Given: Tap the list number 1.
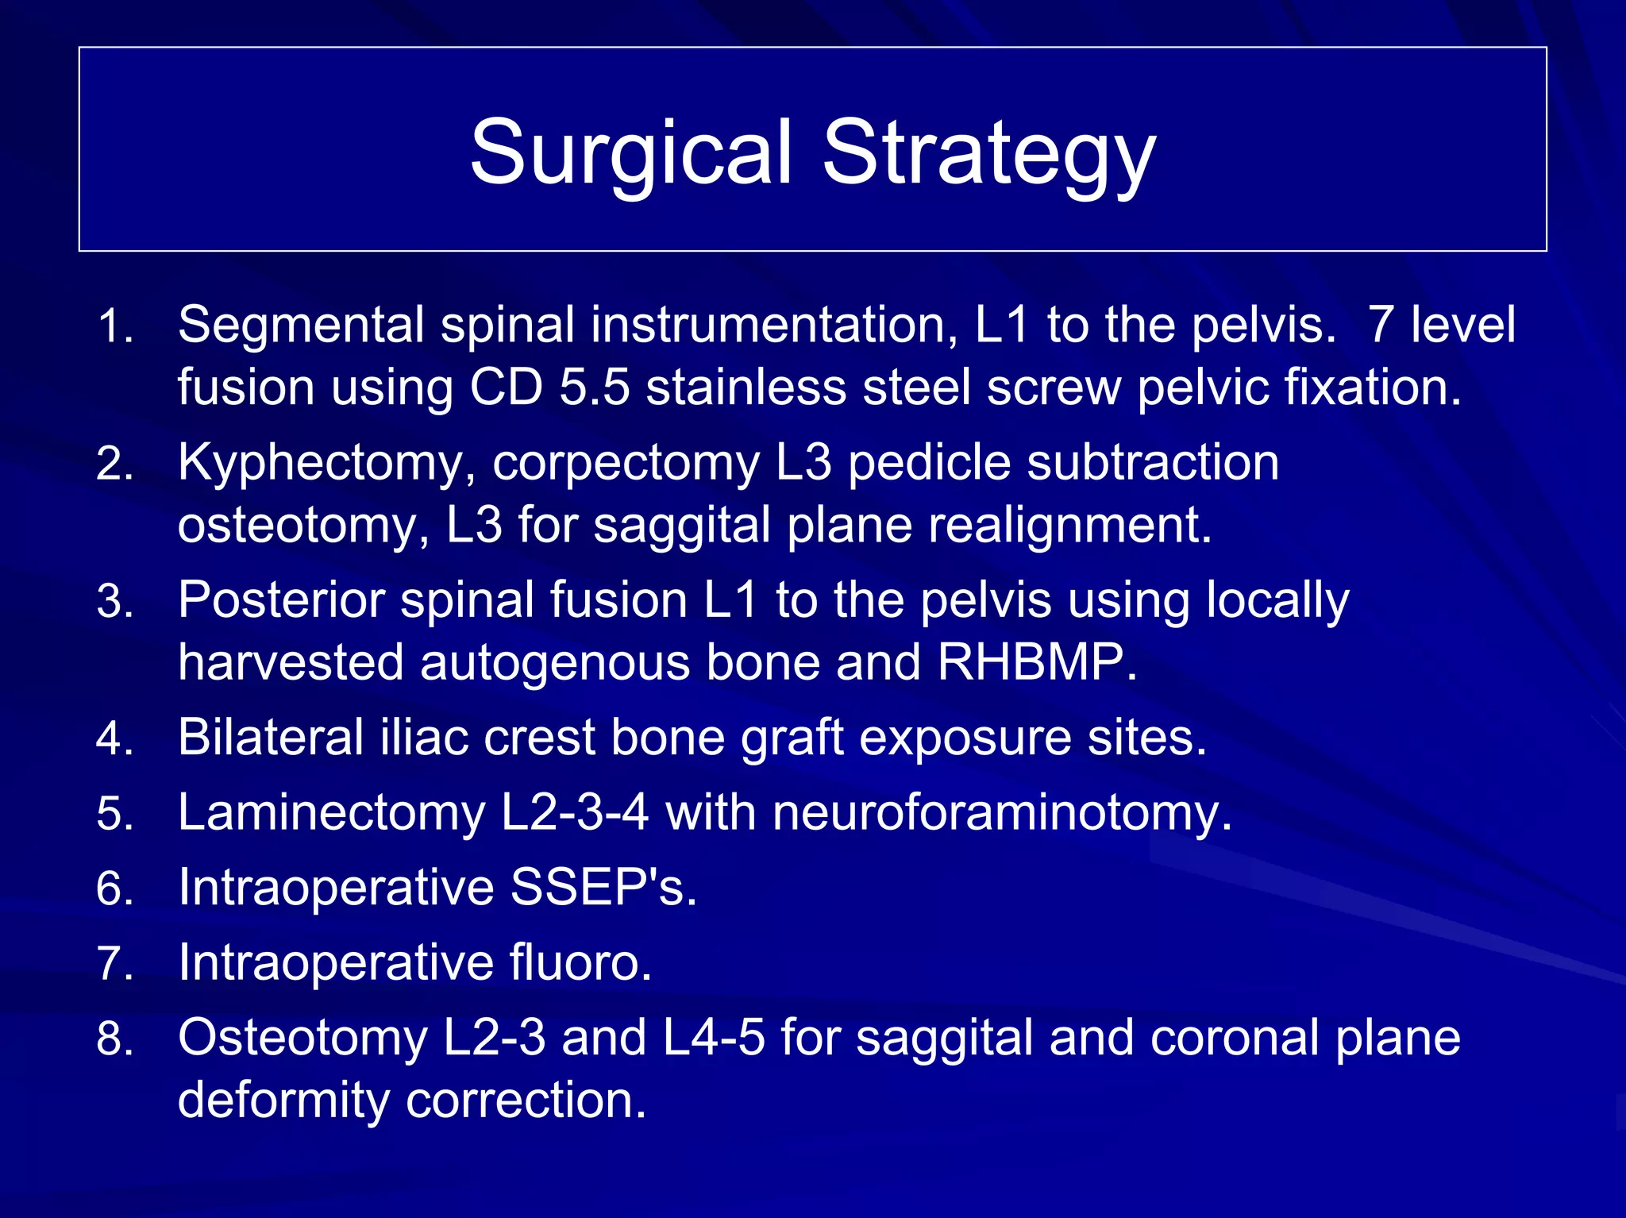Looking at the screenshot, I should tap(114, 326).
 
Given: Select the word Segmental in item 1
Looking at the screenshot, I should tap(301, 325).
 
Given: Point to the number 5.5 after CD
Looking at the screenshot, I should tap(595, 387).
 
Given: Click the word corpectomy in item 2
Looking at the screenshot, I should tap(626, 464).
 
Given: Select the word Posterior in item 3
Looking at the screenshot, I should tap(281, 599).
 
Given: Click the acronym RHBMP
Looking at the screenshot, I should tap(1037, 662).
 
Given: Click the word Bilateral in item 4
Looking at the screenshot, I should tap(271, 737).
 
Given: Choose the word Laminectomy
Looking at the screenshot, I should tap(331, 813).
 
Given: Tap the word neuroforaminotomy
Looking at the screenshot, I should tap(1002, 813).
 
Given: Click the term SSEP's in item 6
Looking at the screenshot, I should tap(603, 887).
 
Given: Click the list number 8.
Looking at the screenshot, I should tap(114, 1039).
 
